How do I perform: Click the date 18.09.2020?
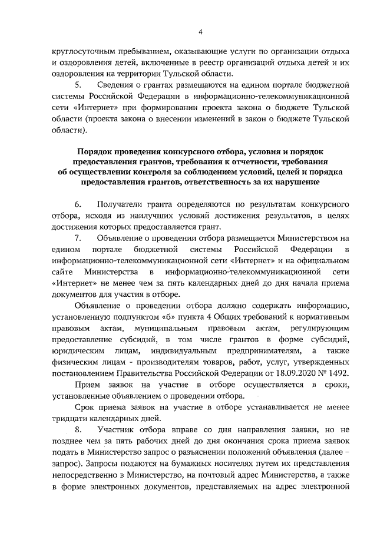300,373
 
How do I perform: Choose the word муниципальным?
163,328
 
